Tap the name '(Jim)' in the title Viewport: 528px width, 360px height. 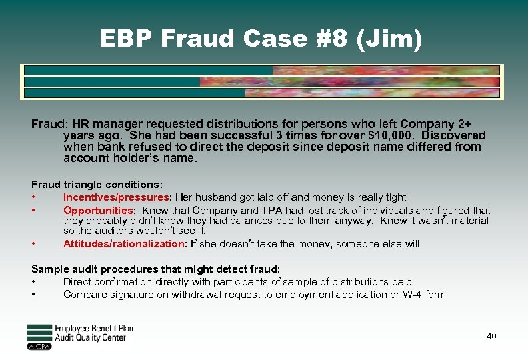click(389, 40)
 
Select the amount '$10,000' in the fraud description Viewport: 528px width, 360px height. click(389, 135)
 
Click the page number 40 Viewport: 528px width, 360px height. click(491, 337)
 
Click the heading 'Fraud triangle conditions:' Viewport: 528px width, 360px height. click(97, 184)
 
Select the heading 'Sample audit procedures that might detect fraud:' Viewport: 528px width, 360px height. click(156, 269)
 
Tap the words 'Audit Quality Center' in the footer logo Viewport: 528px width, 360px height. click(90, 338)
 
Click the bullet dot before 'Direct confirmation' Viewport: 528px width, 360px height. click(33, 282)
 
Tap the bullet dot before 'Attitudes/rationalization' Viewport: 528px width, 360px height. click(33, 244)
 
